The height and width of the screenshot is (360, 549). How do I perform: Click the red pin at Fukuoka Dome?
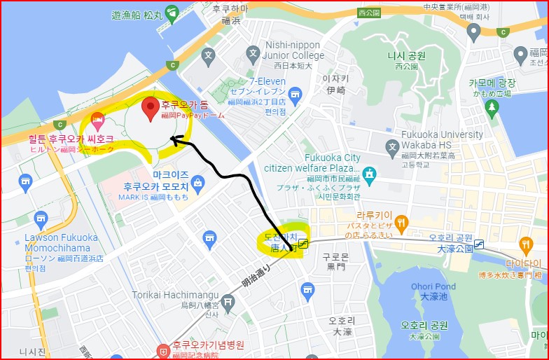(150, 109)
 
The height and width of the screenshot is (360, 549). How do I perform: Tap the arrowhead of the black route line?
(175, 139)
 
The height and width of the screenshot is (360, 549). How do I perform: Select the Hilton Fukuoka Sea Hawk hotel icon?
(97, 119)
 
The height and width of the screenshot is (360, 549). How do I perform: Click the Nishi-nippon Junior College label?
(294, 51)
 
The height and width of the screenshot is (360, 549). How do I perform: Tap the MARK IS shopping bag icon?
(198, 184)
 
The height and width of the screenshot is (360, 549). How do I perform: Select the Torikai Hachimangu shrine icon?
(227, 300)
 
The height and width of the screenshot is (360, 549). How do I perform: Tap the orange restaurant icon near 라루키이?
(401, 224)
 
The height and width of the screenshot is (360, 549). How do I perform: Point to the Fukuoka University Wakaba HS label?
(442, 140)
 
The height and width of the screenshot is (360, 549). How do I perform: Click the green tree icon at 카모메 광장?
(492, 106)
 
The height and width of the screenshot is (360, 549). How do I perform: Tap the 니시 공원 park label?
(407, 56)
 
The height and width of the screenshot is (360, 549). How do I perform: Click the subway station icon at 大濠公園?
(480, 243)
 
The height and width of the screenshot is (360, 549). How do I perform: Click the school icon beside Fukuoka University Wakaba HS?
(392, 146)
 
